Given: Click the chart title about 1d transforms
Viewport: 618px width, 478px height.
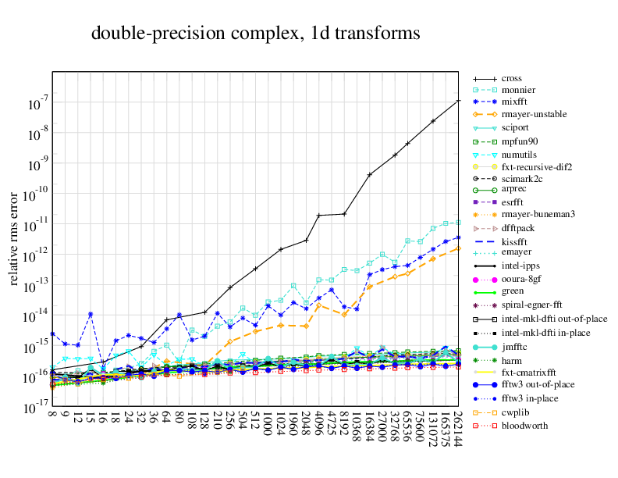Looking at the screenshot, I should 256,34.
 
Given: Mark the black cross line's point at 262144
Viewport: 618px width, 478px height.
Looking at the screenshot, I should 458,101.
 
